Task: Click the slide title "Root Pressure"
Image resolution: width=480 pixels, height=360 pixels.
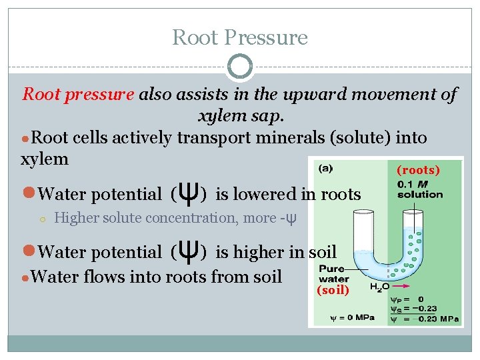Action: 240,37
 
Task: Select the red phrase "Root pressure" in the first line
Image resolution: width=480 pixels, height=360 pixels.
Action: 78,94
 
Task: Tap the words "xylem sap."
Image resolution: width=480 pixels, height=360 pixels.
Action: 241,116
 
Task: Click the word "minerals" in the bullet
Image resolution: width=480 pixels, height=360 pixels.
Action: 259,138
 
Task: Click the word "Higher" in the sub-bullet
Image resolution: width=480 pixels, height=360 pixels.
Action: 75,218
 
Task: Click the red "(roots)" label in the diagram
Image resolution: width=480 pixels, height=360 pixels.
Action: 418,170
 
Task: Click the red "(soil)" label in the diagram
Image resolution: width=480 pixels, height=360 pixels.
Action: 333,290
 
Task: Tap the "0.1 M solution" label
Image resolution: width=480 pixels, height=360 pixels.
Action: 419,189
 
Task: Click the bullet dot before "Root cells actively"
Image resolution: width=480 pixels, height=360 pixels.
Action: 27,139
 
